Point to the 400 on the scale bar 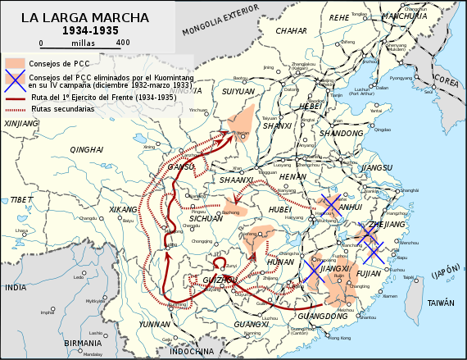123,42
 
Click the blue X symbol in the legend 13,80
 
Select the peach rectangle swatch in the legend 14,62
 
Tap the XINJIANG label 21,123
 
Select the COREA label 447,80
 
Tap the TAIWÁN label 440,303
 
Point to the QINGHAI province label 87,149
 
